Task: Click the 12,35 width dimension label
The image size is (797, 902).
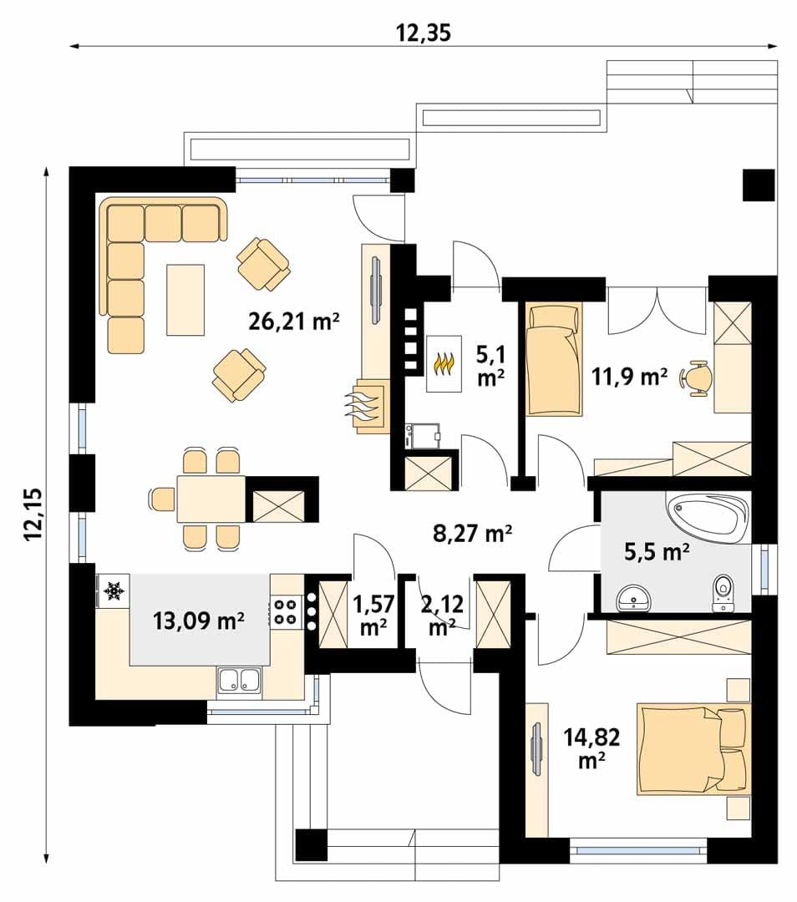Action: tap(423, 33)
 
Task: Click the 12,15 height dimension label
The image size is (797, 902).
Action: tap(33, 514)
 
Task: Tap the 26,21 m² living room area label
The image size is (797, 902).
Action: tap(293, 321)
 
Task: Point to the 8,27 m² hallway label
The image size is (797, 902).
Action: tap(473, 533)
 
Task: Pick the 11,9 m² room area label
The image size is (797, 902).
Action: tap(630, 377)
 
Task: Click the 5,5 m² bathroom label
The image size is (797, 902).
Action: tap(657, 552)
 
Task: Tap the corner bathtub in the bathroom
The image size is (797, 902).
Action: tap(708, 517)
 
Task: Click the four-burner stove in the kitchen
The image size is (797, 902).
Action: tap(284, 611)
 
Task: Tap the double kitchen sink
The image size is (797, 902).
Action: tap(239, 679)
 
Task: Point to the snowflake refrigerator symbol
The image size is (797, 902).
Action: tap(114, 590)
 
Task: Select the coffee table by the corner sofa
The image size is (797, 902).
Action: tap(185, 300)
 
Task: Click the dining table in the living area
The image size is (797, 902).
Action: tap(211, 499)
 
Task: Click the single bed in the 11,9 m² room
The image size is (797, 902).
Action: tap(554, 359)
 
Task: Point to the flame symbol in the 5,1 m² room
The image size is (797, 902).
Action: tap(444, 363)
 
